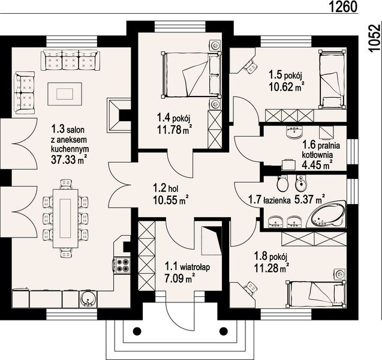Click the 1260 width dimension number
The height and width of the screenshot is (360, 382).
(343, 7)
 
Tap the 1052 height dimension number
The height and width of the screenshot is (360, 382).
(374, 38)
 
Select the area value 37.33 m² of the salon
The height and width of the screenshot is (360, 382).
(69, 159)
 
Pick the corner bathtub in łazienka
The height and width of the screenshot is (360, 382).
(327, 215)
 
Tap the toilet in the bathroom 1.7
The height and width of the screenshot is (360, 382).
(282, 184)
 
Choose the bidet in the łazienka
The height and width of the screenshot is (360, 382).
(300, 184)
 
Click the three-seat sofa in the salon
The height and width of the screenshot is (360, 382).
(70, 60)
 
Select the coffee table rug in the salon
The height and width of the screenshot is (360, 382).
(65, 94)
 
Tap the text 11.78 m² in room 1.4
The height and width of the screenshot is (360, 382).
(173, 130)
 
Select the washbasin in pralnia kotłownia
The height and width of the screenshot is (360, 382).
(294, 132)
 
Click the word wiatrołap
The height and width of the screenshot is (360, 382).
(195, 268)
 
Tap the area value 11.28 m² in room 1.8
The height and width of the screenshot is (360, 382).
(272, 268)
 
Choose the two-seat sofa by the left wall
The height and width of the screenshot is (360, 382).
(25, 93)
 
